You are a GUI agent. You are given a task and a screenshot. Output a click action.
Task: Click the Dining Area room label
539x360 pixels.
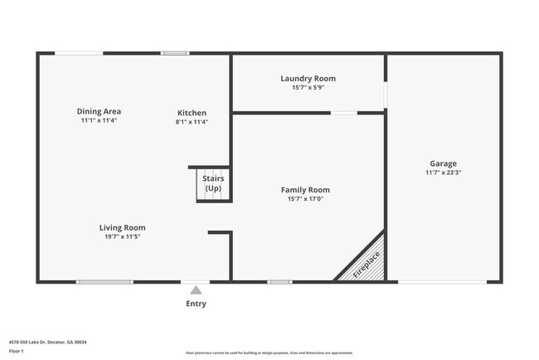pos(100,112)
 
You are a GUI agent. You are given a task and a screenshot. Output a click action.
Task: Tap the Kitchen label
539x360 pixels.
pos(192,113)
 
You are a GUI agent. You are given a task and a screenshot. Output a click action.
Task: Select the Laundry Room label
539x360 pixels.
pos(308,78)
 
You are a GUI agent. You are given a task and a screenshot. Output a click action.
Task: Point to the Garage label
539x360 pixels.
pos(443,163)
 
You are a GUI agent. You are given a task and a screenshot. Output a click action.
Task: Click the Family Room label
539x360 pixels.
pos(305,190)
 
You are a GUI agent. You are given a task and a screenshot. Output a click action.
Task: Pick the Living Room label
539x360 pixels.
pos(123,227)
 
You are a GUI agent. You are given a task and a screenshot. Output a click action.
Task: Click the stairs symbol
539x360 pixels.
pos(212,183)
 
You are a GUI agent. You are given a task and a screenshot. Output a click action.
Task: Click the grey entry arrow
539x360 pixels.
pos(196,290)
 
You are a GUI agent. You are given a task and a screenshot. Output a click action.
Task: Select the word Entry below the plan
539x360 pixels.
pos(196,304)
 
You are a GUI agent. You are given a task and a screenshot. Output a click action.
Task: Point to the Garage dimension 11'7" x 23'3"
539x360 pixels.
pos(443,173)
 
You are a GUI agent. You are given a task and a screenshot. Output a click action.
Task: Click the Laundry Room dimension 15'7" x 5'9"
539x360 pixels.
pos(308,87)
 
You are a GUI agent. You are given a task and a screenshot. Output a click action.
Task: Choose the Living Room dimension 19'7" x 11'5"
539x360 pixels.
pos(123,236)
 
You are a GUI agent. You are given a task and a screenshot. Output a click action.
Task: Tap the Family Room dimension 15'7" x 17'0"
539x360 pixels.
pos(305,199)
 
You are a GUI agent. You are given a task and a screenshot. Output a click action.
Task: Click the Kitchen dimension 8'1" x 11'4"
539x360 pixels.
pos(192,122)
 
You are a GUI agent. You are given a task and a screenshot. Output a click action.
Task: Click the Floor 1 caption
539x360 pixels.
pos(17,351)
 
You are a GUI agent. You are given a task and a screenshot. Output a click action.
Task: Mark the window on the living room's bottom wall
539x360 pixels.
pos(104,282)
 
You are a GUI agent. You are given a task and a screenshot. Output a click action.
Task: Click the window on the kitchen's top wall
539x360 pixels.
pos(176,54)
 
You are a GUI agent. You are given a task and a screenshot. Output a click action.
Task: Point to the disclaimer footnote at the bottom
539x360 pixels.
pos(269,352)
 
